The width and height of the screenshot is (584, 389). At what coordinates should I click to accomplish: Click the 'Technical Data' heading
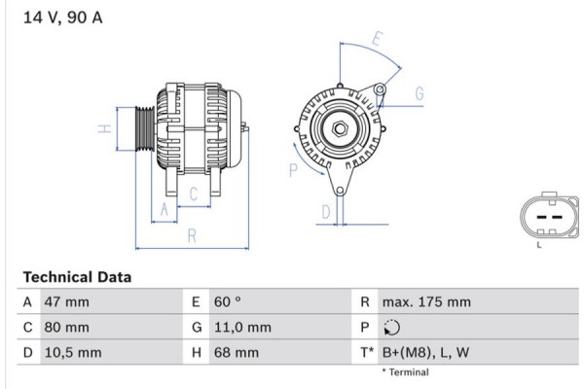(76, 277)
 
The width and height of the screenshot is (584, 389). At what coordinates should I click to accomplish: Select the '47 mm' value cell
(67, 302)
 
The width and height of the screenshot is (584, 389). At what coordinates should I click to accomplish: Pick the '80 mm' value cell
(67, 328)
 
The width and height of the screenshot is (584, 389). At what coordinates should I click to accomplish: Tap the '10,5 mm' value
(72, 353)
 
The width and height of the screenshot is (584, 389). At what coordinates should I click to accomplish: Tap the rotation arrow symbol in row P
(392, 328)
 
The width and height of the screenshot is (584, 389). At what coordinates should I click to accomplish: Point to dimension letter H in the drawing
(101, 128)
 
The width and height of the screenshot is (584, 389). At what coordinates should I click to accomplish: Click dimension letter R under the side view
(193, 234)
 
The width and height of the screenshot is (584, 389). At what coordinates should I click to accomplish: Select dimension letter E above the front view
(377, 41)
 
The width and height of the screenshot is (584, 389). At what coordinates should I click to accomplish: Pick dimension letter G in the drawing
(420, 93)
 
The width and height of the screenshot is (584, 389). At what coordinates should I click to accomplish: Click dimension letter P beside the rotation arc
(293, 171)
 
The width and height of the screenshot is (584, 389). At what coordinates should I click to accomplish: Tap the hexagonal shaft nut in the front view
(341, 129)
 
